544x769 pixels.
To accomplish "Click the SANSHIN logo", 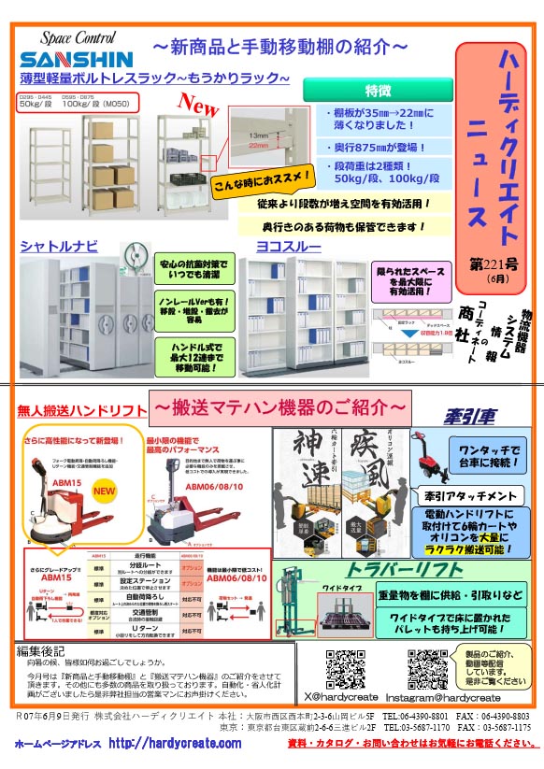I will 63,59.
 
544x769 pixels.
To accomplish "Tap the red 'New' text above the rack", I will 197,101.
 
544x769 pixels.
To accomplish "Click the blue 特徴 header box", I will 378,91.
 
